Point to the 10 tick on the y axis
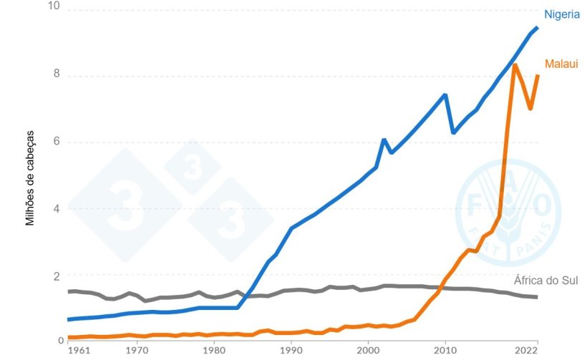pyautogui.click(x=53, y=6)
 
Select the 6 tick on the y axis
pyautogui.click(x=57, y=142)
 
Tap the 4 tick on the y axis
pyautogui.click(x=57, y=208)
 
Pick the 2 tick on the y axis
pyautogui.click(x=57, y=275)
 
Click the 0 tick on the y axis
pyautogui.click(x=57, y=341)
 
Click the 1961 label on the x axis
pyautogui.click(x=79, y=351)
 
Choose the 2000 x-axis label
pyautogui.click(x=368, y=351)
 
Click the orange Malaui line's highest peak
pyautogui.click(x=515, y=65)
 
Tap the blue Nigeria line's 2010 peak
pyautogui.click(x=445, y=94)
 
